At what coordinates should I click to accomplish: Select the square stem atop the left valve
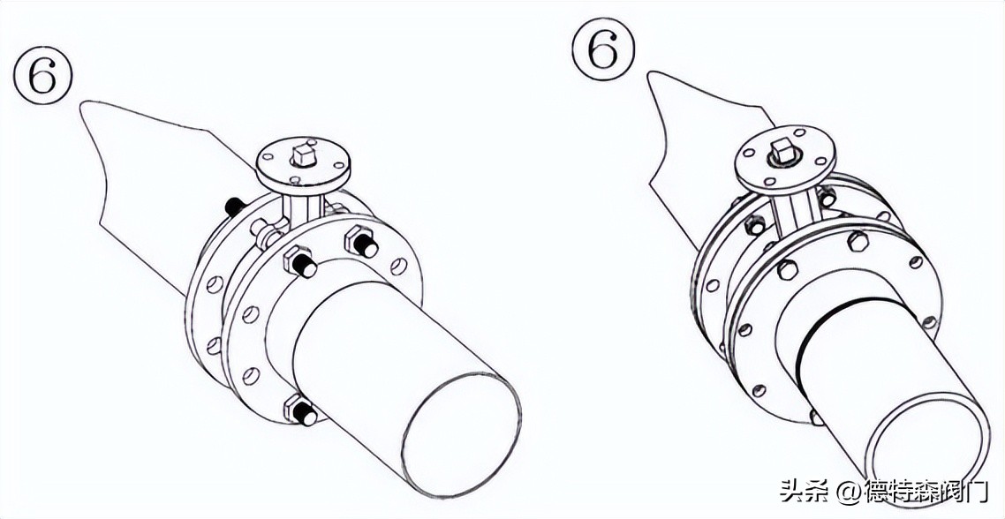(x=302, y=155)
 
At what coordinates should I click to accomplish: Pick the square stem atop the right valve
(x=782, y=152)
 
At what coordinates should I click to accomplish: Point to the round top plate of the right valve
(x=784, y=154)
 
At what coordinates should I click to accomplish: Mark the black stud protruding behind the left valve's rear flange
(x=235, y=207)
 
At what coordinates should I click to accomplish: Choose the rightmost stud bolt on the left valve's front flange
(x=362, y=243)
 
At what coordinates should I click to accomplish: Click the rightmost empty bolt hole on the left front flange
(x=398, y=265)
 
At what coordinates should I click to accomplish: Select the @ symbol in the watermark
(x=849, y=492)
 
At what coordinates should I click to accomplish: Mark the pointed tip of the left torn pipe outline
(x=80, y=102)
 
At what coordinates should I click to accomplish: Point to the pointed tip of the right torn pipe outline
(x=647, y=72)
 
